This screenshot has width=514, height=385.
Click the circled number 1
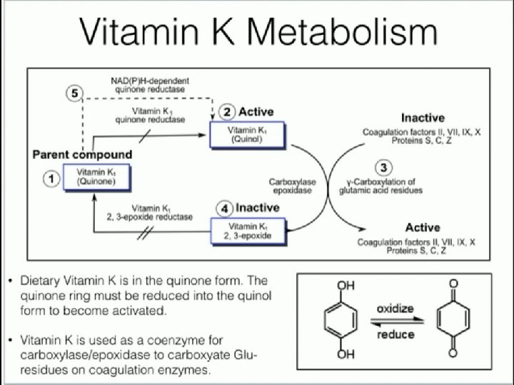(51, 180)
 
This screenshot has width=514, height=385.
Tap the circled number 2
(226, 111)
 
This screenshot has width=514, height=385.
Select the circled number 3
(383, 168)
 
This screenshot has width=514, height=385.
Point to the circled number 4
(224, 209)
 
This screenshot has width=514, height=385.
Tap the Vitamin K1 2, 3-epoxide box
(247, 231)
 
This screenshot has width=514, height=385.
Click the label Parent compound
(82, 154)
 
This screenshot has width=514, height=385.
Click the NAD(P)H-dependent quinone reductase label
(150, 86)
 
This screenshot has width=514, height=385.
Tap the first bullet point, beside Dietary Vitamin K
(9, 281)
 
